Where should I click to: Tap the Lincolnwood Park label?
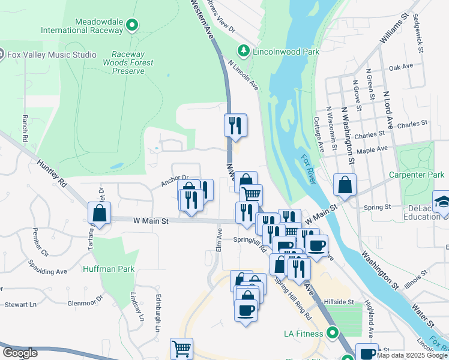click(x=285, y=52)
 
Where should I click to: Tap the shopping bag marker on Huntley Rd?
click(x=99, y=214)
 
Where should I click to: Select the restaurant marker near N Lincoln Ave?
click(x=235, y=125)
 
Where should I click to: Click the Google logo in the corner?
click(x=19, y=352)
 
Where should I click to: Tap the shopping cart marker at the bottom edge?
click(x=182, y=348)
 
